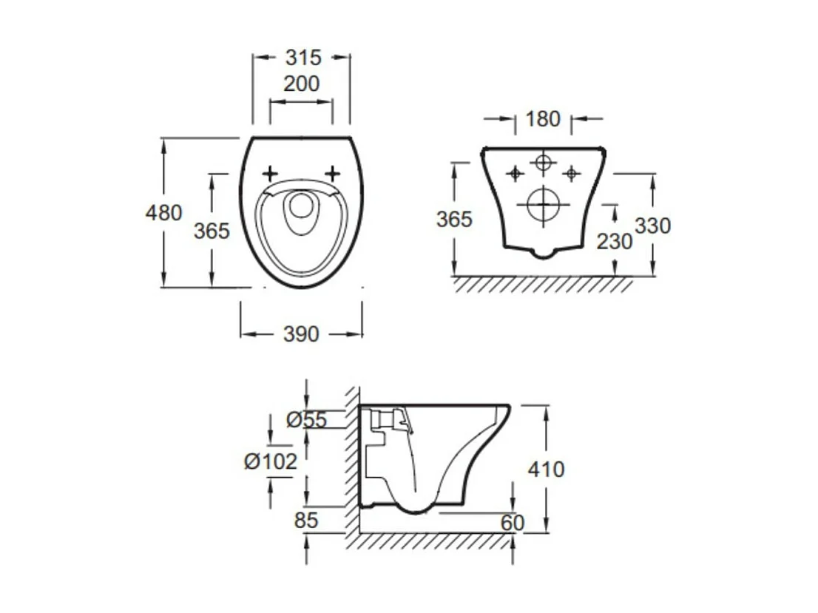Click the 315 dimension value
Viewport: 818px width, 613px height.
[x=302, y=58]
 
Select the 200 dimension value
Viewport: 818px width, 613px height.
[x=301, y=84]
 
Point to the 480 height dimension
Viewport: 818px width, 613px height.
[x=163, y=213]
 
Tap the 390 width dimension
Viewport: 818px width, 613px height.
[x=301, y=335]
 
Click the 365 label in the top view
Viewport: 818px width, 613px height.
[x=212, y=231]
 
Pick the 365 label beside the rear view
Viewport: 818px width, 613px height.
[x=453, y=220]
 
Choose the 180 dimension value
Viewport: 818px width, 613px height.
[x=543, y=119]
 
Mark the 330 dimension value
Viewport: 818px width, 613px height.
[x=652, y=226]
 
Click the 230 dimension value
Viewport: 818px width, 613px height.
[x=615, y=242]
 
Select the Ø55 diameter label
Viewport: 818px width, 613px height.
[x=306, y=420]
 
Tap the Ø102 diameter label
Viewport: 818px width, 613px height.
[x=271, y=462]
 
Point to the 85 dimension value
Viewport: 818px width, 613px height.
[x=305, y=521]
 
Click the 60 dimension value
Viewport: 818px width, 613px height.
[x=512, y=523]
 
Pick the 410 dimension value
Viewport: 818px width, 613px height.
[x=546, y=470]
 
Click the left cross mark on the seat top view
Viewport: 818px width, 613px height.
[x=270, y=174]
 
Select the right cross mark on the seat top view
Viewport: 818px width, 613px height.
[x=333, y=174]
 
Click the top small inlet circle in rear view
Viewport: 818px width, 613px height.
[x=544, y=162]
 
